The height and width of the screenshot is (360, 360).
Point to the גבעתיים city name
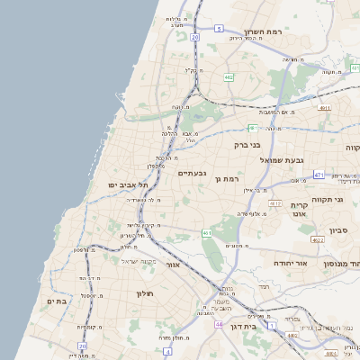(193, 173)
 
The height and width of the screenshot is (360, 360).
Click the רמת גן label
(230, 178)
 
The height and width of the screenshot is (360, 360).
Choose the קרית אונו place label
(301, 210)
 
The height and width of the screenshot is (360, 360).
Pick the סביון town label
(338, 230)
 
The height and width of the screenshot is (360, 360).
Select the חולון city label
(145, 293)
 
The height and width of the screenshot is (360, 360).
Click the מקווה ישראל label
(139, 261)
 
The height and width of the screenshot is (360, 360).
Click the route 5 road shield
(219, 29)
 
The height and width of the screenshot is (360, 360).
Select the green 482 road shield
(229, 77)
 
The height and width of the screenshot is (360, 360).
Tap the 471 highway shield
(319, 173)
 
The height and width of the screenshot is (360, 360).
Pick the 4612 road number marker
(275, 204)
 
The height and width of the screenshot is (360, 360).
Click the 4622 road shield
(316, 240)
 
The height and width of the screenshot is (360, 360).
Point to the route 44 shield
(219, 323)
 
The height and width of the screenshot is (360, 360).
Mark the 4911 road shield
(324, 108)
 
